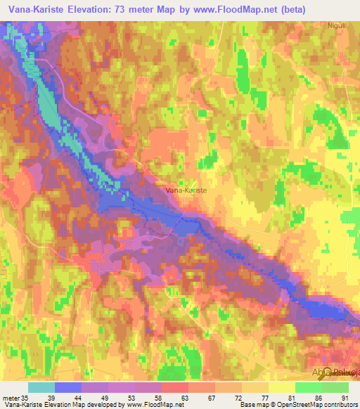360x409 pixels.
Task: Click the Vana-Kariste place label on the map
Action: pyautogui.click(x=186, y=190)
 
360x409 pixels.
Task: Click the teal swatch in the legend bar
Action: pyautogui.click(x=41, y=387)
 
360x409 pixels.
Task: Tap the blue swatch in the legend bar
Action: pyautogui.click(x=68, y=387)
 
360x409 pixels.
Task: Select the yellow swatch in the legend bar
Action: pyautogui.click(x=282, y=387)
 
